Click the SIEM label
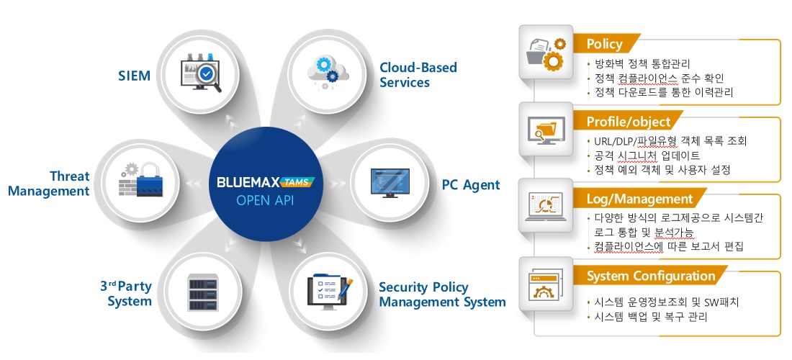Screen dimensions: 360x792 135,76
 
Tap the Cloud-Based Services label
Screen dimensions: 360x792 418,75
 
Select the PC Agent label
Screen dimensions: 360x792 471,185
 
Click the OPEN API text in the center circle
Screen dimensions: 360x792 265,201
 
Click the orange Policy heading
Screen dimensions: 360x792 604,45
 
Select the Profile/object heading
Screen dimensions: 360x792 628,122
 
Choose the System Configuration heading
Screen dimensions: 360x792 651,276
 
